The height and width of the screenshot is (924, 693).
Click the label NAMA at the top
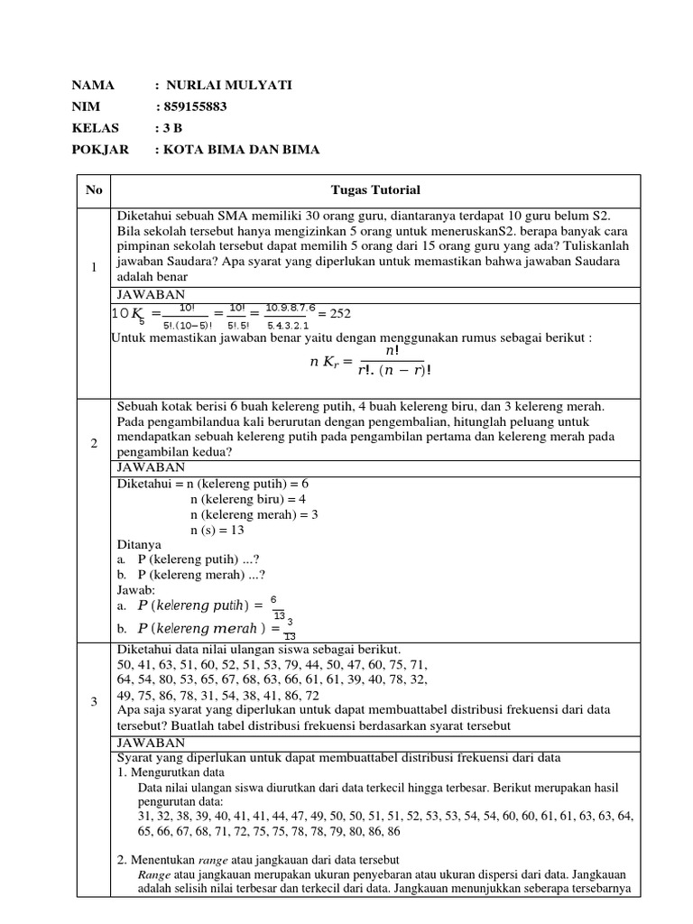93,85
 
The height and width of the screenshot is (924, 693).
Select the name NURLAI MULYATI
226,85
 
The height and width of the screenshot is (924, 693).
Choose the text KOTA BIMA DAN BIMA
241,150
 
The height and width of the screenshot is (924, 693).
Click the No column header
94,190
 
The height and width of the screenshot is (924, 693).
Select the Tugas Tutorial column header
374,190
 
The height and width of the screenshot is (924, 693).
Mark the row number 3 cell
94,703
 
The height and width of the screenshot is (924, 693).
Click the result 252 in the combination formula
339,313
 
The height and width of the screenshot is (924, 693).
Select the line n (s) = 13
217,531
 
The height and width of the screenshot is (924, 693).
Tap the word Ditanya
140,545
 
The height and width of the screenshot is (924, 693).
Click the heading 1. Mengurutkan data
171,772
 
